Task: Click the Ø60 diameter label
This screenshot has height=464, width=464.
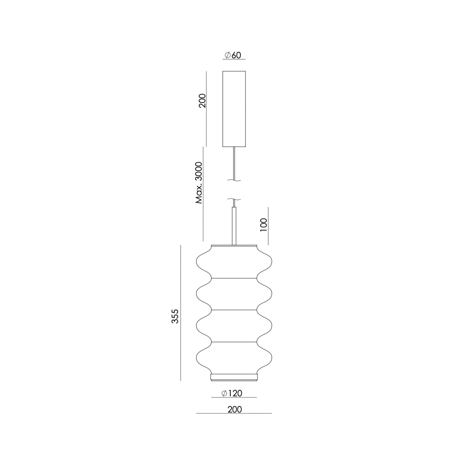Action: [x=233, y=55]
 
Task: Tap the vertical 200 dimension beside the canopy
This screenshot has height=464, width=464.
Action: [x=203, y=101]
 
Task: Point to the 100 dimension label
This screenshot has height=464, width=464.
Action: [x=264, y=225]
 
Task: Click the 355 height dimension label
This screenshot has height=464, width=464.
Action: [x=175, y=316]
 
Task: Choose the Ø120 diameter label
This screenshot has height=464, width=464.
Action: [x=232, y=393]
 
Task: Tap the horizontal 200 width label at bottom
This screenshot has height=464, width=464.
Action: [x=235, y=409]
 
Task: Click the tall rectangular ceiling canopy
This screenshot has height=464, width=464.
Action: [x=234, y=109]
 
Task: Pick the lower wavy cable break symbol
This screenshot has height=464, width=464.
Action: [x=234, y=199]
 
